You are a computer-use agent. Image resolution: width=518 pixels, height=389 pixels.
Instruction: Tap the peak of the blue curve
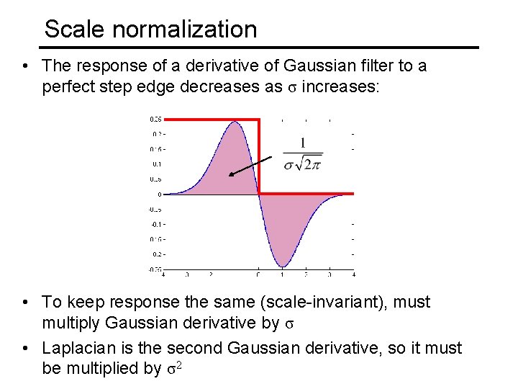(x=235, y=122)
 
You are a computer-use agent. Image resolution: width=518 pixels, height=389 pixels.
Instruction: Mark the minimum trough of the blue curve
(x=282, y=265)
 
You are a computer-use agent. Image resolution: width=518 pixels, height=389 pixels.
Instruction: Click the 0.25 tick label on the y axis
(x=155, y=119)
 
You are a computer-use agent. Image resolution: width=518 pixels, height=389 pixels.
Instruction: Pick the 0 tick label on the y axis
(x=159, y=194)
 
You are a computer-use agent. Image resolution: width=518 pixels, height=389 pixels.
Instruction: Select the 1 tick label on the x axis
(x=282, y=274)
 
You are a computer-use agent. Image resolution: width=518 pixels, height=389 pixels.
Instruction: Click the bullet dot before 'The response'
(x=25, y=67)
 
